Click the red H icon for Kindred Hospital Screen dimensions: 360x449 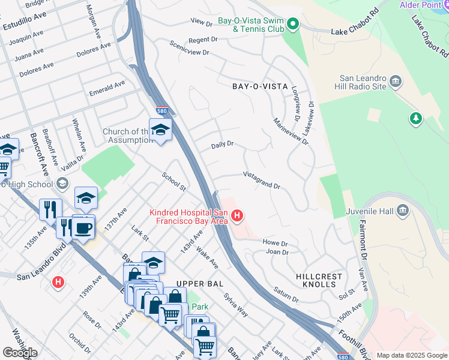(x=237, y=215)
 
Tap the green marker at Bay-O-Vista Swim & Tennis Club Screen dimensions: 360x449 (x=292, y=25)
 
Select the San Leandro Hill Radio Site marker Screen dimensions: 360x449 (x=396, y=81)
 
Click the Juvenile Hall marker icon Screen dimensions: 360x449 (x=402, y=210)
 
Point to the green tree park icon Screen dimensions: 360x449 (x=415, y=118)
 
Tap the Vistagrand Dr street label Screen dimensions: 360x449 (x=262, y=180)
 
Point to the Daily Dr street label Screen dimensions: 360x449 (x=221, y=145)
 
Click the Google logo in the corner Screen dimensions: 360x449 (x=20, y=353)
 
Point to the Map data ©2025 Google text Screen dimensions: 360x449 (x=412, y=355)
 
